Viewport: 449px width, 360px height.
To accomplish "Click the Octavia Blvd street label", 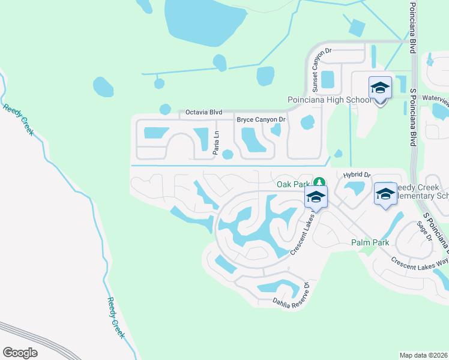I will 204,112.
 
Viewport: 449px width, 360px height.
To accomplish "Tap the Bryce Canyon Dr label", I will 262,120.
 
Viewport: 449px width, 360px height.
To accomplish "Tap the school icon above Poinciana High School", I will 380,88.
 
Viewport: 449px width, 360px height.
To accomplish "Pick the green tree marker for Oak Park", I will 321,182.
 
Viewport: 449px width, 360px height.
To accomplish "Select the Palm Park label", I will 370,242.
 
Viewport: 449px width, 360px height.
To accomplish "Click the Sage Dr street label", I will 424,230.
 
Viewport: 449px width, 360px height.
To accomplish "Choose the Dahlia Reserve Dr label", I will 291,296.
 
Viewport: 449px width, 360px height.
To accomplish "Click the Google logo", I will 20,353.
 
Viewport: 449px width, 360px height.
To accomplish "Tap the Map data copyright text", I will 423,355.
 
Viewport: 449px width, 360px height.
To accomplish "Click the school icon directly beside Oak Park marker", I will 316,197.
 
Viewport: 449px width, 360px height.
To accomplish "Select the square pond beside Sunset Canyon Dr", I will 328,79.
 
